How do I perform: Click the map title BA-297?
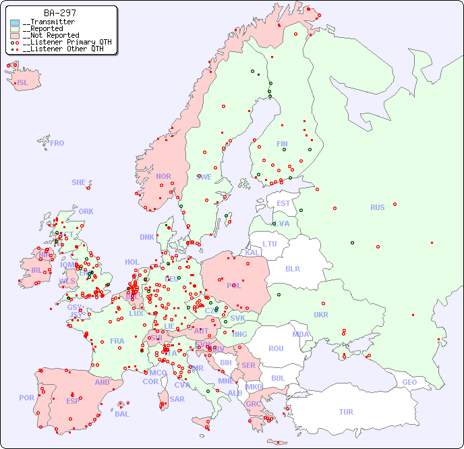pyautogui.click(x=60, y=13)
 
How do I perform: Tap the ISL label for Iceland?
pyautogui.click(x=23, y=83)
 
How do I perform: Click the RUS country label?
pyautogui.click(x=377, y=207)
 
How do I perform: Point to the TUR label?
pyautogui.click(x=346, y=412)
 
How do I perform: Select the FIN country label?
pyautogui.click(x=282, y=144)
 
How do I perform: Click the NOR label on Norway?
pyautogui.click(x=163, y=176)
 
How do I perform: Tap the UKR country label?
pyautogui.click(x=321, y=315)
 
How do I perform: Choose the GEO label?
pyautogui.click(x=409, y=382)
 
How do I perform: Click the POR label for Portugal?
pyautogui.click(x=26, y=398)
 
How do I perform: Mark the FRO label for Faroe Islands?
pyautogui.click(x=57, y=143)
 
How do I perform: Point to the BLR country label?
pyautogui.click(x=292, y=268)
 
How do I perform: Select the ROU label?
pyautogui.click(x=276, y=348)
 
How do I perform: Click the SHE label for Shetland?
pyautogui.click(x=79, y=182)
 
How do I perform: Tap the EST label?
pyautogui.click(x=283, y=203)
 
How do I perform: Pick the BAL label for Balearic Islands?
pyautogui.click(x=121, y=414)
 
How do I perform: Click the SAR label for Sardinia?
pyautogui.click(x=177, y=399)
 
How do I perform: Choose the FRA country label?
pyautogui.click(x=117, y=341)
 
